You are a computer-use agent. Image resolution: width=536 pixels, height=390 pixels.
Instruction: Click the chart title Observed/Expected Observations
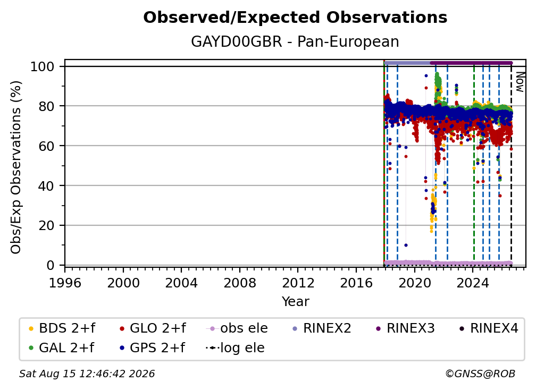[295, 18]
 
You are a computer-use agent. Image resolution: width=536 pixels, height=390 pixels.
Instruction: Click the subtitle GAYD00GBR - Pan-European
[295, 41]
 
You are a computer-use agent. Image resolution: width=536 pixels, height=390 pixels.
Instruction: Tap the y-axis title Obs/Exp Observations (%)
[16, 167]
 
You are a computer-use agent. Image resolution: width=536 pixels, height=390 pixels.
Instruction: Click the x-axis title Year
[295, 302]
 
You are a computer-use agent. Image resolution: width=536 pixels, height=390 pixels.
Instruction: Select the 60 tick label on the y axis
[46, 146]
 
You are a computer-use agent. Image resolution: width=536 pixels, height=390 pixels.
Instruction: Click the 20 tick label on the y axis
[46, 226]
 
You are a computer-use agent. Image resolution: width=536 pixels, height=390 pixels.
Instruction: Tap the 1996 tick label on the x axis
[65, 283]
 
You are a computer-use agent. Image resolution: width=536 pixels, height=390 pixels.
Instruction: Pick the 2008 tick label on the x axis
[240, 283]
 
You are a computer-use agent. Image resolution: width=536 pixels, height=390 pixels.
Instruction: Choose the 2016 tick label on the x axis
[356, 283]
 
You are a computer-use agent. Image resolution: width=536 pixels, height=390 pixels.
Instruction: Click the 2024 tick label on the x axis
[473, 283]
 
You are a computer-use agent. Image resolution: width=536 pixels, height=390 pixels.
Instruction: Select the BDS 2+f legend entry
[62, 328]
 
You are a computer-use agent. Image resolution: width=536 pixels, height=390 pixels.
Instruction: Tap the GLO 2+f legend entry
[153, 328]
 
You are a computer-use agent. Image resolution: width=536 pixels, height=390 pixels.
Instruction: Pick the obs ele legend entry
[237, 328]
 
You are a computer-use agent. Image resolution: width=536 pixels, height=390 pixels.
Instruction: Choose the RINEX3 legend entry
[405, 328]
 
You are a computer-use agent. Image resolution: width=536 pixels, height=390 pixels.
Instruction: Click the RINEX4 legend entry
[489, 328]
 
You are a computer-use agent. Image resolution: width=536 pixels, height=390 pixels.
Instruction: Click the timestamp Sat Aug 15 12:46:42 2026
[87, 374]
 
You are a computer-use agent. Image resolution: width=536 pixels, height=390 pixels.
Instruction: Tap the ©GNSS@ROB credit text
[480, 374]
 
